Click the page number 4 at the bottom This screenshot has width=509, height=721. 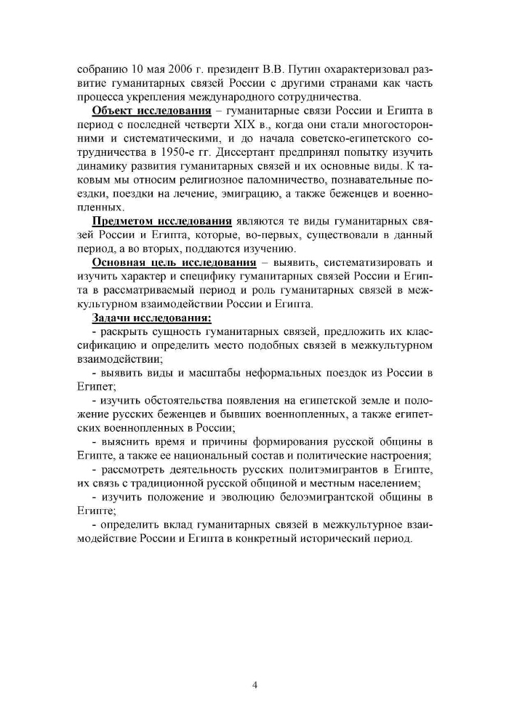point(254,685)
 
